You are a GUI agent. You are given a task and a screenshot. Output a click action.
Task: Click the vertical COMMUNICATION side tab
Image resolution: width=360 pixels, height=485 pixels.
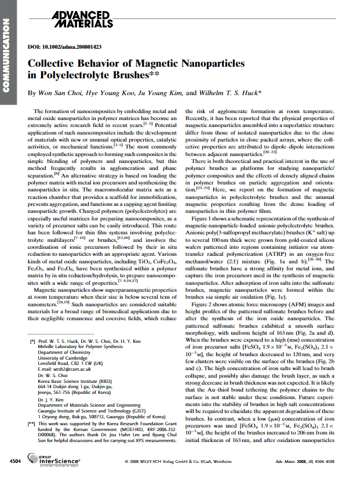[7, 52]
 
